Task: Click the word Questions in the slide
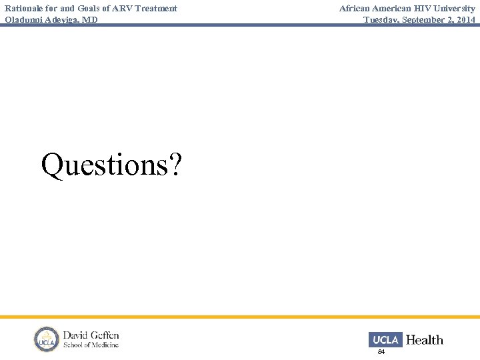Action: click(100, 165)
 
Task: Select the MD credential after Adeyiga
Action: click(90, 20)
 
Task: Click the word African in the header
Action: click(357, 9)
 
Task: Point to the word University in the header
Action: click(453, 9)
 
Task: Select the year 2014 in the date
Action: click(465, 20)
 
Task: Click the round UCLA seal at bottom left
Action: click(47, 339)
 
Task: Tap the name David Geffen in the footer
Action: click(91, 335)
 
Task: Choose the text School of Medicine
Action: click(91, 345)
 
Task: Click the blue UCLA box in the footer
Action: click(385, 340)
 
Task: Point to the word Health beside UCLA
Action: click(424, 340)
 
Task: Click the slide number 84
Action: click(381, 351)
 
